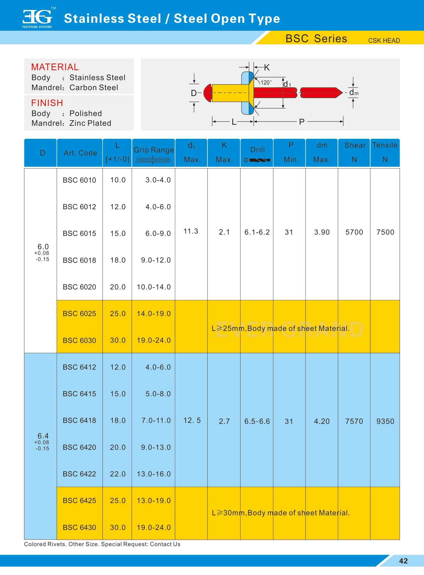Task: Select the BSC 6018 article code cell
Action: pyautogui.click(x=79, y=260)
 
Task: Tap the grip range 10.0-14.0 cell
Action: pyautogui.click(x=154, y=287)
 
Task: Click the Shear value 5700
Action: pyautogui.click(x=354, y=232)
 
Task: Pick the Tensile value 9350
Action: pyautogui.click(x=385, y=421)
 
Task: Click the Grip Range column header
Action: pyautogui.click(x=154, y=150)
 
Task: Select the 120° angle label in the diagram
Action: pyautogui.click(x=266, y=82)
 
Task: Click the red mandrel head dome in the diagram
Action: pyautogui.click(x=207, y=93)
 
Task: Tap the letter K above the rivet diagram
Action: pyautogui.click(x=267, y=68)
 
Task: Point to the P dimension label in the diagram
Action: pyautogui.click(x=302, y=122)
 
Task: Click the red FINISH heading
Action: pyautogui.click(x=47, y=103)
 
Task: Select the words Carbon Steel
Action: pyautogui.click(x=94, y=87)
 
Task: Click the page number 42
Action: pyautogui.click(x=403, y=561)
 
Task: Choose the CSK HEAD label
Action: pyautogui.click(x=384, y=40)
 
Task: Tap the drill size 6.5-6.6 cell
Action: pyautogui.click(x=257, y=421)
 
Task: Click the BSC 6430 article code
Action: pyautogui.click(x=79, y=527)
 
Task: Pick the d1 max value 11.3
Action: pyautogui.click(x=191, y=231)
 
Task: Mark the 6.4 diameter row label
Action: pyautogui.click(x=43, y=436)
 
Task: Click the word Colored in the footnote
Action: pyautogui.click(x=34, y=544)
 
